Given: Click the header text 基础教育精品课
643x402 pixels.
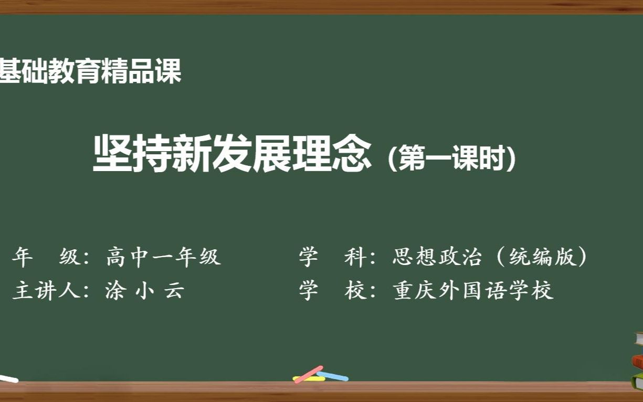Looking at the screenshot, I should click(90, 71).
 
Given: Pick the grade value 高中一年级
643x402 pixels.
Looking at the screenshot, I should click(163, 257).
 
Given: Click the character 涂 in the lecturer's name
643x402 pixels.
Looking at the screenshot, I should click(114, 290).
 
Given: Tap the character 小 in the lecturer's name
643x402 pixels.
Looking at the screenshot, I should click(143, 290).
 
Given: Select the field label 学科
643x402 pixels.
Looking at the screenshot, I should click(333, 257).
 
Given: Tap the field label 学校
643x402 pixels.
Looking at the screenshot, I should click(333, 290).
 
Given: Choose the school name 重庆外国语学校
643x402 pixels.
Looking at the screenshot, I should click(473, 290).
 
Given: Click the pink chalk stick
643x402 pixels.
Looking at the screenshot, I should click(309, 374).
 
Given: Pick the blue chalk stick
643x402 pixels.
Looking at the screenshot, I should click(333, 376).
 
